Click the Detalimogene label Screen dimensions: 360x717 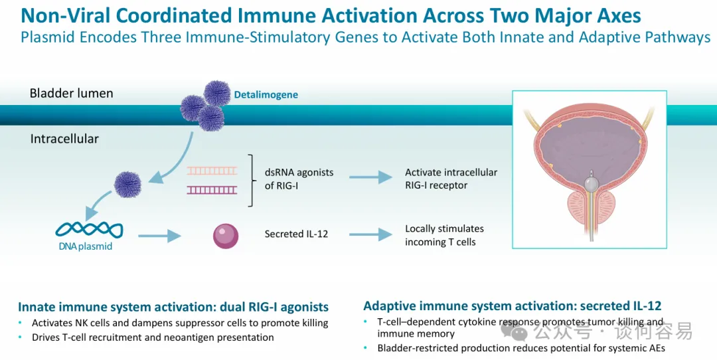click(x=266, y=95)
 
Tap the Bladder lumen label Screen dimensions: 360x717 click(x=71, y=93)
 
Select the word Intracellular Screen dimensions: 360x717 click(x=64, y=139)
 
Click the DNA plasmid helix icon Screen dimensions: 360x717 click(x=89, y=229)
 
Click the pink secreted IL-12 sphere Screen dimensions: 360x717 click(x=226, y=235)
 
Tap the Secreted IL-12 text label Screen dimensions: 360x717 click(x=296, y=234)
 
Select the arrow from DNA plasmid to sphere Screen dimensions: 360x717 click(x=159, y=234)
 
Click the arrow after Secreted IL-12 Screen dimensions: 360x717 click(x=370, y=234)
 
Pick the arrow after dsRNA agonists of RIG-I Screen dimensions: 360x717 click(x=370, y=177)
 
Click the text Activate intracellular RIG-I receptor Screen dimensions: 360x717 click(x=451, y=179)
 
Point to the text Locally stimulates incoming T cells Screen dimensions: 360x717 click(x=444, y=235)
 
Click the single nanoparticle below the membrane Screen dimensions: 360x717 click(x=127, y=184)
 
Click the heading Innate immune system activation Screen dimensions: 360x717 click(x=173, y=307)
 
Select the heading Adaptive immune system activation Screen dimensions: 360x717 click(x=512, y=306)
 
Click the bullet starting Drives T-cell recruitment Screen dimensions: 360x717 click(x=153, y=337)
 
